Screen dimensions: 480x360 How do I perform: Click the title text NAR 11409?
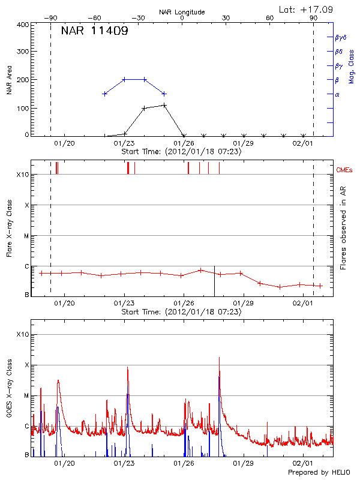[94, 31]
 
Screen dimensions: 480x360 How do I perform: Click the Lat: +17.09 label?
[307, 9]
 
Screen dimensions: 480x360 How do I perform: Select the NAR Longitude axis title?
[182, 12]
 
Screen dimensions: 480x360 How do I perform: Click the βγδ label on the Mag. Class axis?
[340, 37]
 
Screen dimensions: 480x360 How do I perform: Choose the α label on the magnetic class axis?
[337, 94]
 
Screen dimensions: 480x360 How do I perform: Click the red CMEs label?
[344, 170]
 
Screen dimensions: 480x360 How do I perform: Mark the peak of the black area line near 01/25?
[164, 105]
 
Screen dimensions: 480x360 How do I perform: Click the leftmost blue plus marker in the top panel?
[104, 94]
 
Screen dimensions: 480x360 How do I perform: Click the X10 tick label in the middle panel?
[22, 175]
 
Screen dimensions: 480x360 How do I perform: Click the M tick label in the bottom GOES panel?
[26, 395]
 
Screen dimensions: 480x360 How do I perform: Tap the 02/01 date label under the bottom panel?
[303, 463]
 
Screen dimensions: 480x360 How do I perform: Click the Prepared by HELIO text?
[310, 473]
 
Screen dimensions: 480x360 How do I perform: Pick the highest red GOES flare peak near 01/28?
[219, 358]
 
